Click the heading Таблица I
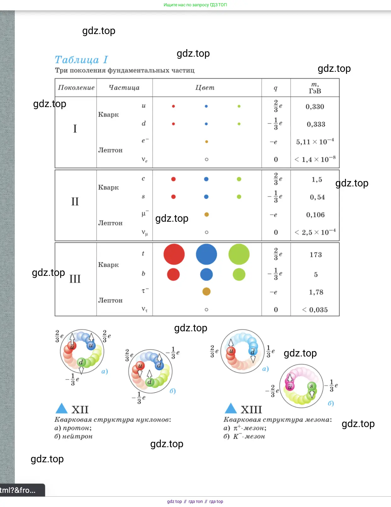tap(81, 60)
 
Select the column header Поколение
tap(76, 88)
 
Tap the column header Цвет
tap(205, 88)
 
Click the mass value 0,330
tap(314, 107)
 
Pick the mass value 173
tap(315, 255)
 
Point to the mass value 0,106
tap(315, 215)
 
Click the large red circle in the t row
tap(174, 254)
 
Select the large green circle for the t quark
tap(239, 254)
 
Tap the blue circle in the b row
tap(206, 274)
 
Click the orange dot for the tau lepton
tap(206, 292)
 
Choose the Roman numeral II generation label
tap(75, 202)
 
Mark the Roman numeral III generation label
tap(75, 279)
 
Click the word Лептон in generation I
tap(110, 150)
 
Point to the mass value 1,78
tap(316, 292)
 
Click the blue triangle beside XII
tap(61, 408)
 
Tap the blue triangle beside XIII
tap(231, 408)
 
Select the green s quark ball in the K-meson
tap(311, 386)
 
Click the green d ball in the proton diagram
tap(81, 362)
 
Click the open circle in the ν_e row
tap(207, 159)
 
